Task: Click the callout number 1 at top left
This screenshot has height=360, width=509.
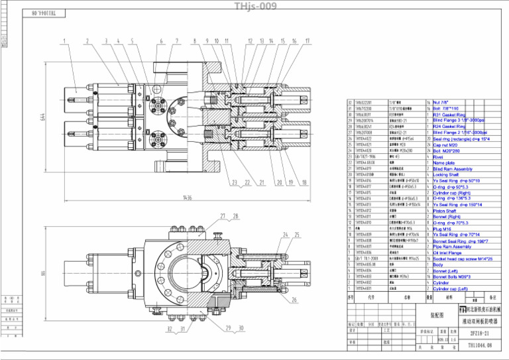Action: (x=65, y=41)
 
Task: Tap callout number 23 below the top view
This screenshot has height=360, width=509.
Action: (x=234, y=182)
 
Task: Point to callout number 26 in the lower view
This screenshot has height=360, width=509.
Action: (x=293, y=300)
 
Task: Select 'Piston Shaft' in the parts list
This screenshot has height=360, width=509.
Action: (x=446, y=211)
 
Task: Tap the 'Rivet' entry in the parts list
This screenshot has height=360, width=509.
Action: (x=439, y=156)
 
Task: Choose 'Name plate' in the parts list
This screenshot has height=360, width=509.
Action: (x=443, y=162)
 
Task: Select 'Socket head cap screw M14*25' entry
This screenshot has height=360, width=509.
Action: (x=462, y=259)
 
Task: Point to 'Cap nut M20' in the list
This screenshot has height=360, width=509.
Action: (x=447, y=145)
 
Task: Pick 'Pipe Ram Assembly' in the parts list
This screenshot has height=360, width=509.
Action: (x=452, y=247)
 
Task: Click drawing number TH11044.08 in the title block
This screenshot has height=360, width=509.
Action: (x=480, y=345)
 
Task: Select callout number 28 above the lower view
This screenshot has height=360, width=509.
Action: (x=235, y=216)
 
